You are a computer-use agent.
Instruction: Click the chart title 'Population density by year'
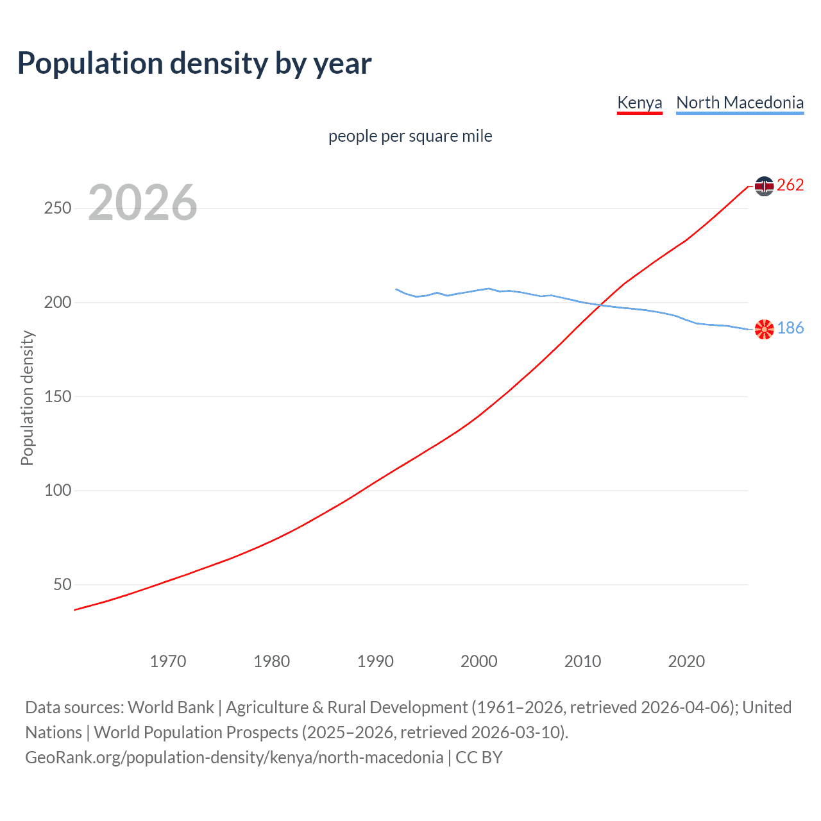[194, 63]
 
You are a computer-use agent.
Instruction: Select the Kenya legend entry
[639, 103]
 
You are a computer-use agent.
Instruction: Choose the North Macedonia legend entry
[740, 103]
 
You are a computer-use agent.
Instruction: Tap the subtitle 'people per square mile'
[410, 137]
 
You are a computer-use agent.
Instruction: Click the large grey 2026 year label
[142, 203]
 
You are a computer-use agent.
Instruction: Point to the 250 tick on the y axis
[58, 208]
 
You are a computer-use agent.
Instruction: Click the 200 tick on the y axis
[58, 302]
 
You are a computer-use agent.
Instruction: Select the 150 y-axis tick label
[58, 396]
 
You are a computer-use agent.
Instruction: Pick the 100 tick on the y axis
[58, 491]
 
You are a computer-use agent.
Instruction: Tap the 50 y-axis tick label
[62, 584]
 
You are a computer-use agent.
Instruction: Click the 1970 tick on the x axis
[168, 661]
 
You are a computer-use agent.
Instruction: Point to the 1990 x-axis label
[375, 661]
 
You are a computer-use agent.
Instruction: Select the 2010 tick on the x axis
[582, 661]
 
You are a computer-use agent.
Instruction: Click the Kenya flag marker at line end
[764, 186]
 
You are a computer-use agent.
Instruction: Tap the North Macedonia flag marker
[764, 329]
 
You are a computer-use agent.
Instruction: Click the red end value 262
[790, 185]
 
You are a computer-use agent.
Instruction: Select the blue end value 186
[790, 328]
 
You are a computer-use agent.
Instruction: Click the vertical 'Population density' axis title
[27, 398]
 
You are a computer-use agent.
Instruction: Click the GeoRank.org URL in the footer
[234, 758]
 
